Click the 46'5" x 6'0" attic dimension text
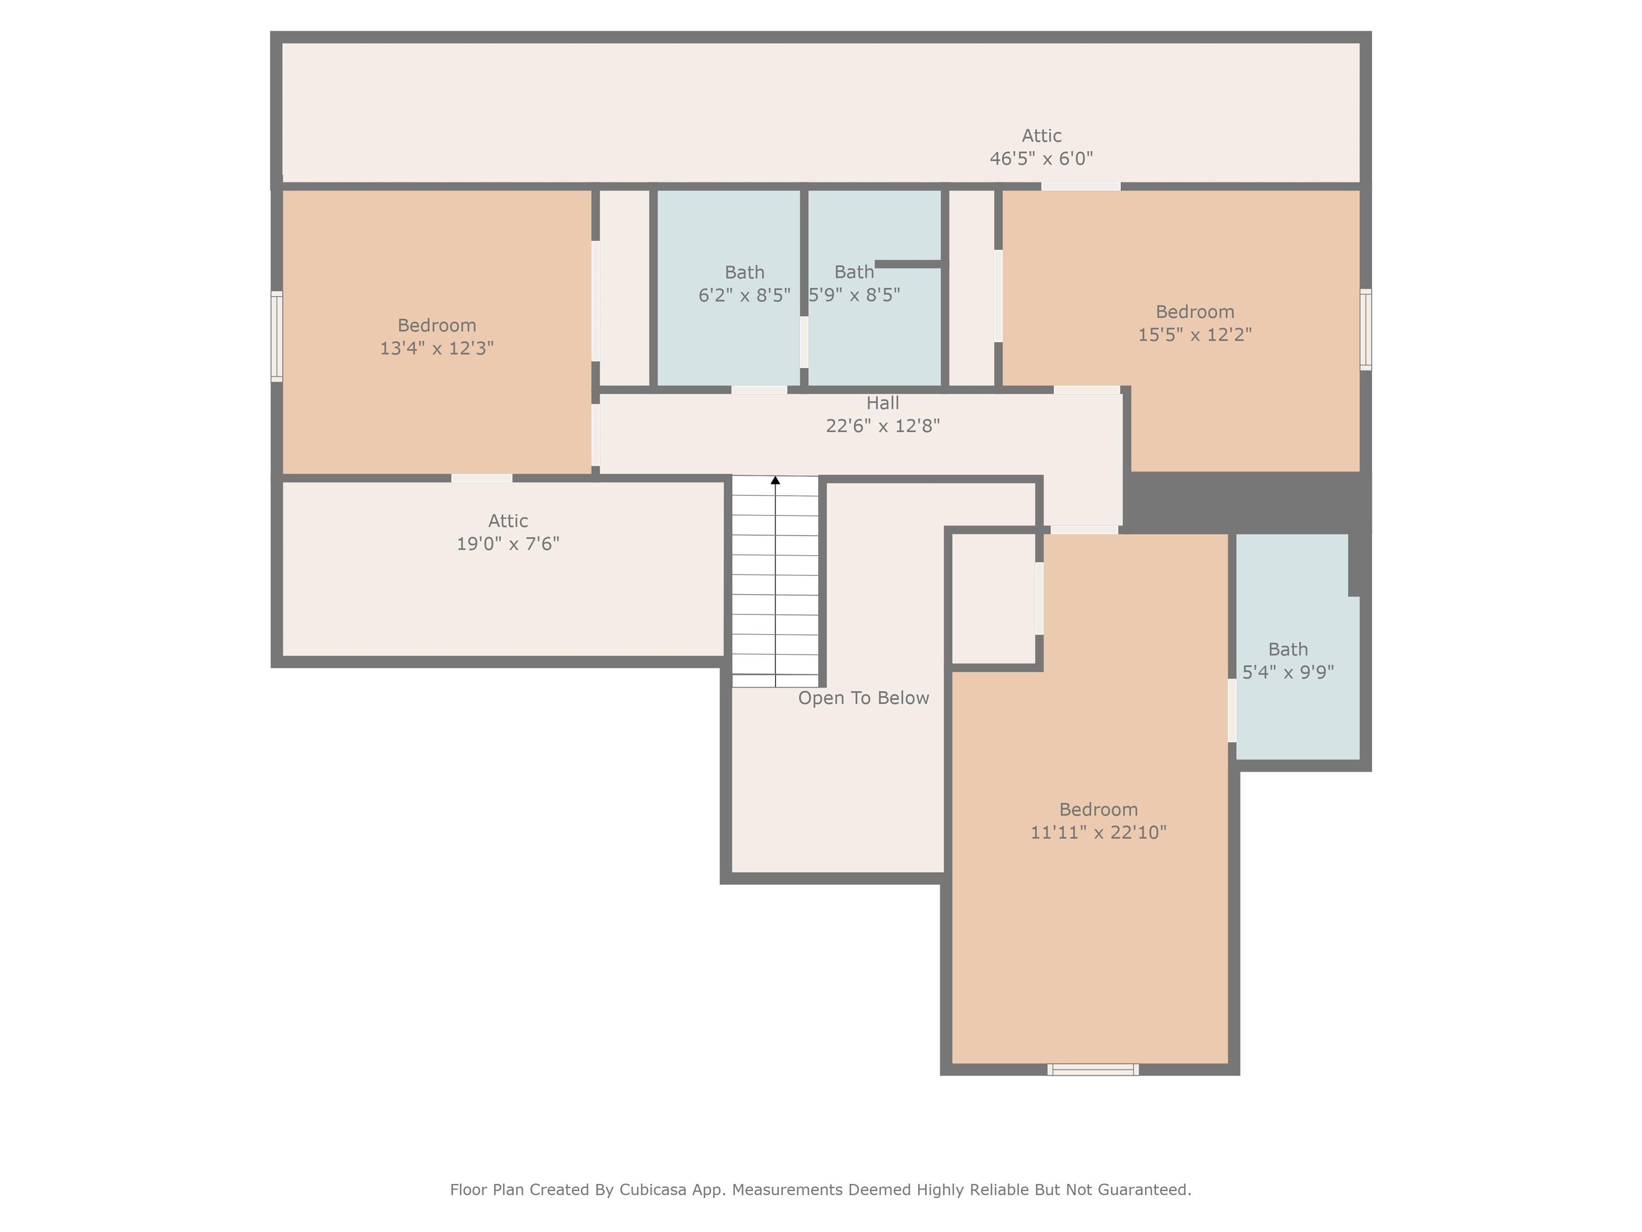[1041, 158]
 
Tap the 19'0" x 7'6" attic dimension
[508, 544]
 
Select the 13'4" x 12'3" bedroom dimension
[437, 348]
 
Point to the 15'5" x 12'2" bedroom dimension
[1195, 335]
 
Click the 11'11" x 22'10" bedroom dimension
[1098, 833]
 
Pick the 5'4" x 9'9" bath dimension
[1288, 672]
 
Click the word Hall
[882, 403]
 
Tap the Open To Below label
[863, 698]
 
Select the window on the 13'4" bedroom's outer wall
[276, 336]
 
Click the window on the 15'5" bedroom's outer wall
[1365, 329]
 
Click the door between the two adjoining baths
[804, 342]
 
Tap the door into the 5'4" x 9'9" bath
[1232, 711]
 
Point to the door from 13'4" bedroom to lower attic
[482, 478]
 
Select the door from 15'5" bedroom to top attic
[1081, 187]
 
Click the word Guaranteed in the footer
[1145, 1190]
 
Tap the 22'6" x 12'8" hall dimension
[882, 426]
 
